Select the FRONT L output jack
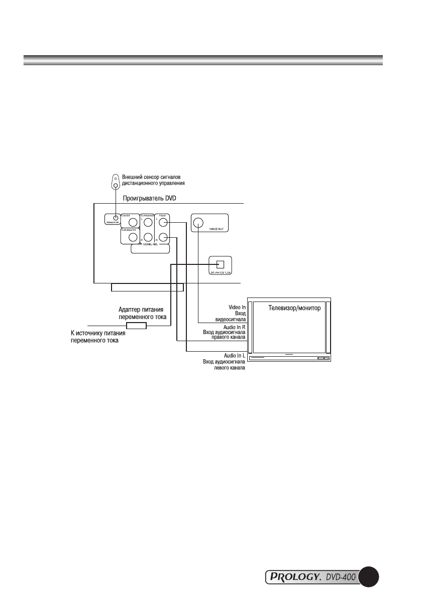(x=163, y=221)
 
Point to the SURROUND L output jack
(x=147, y=221)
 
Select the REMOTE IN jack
(x=116, y=218)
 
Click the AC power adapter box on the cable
(x=136, y=326)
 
